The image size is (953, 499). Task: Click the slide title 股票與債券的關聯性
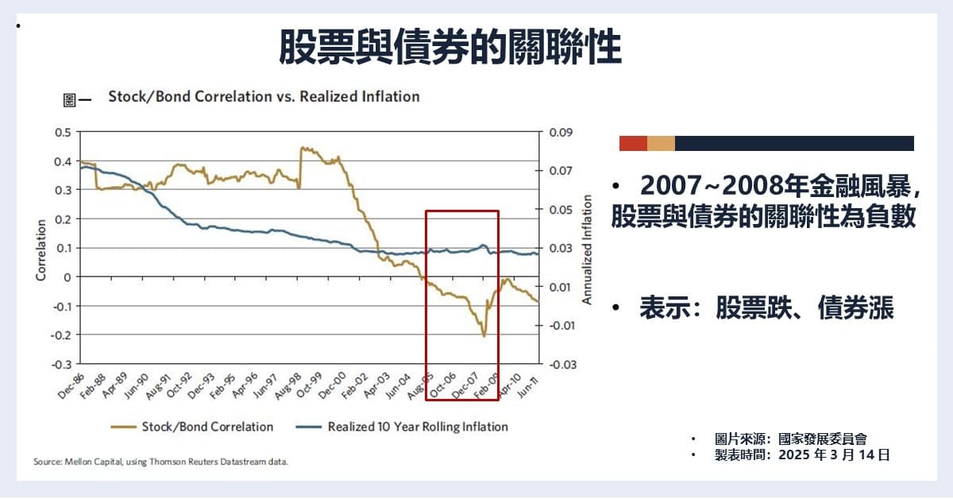tap(449, 47)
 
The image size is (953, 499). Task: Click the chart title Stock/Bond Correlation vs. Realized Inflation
tap(264, 97)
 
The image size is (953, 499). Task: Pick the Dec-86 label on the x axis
tap(70, 387)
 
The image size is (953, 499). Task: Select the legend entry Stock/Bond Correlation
tap(207, 427)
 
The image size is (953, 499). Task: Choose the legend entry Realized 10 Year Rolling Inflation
tap(418, 427)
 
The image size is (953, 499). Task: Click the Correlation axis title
tap(41, 249)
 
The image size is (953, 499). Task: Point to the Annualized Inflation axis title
tap(588, 248)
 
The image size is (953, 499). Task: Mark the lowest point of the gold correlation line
tap(484, 336)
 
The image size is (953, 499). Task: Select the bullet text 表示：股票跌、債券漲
tap(766, 309)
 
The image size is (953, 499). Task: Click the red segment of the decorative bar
tap(633, 143)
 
